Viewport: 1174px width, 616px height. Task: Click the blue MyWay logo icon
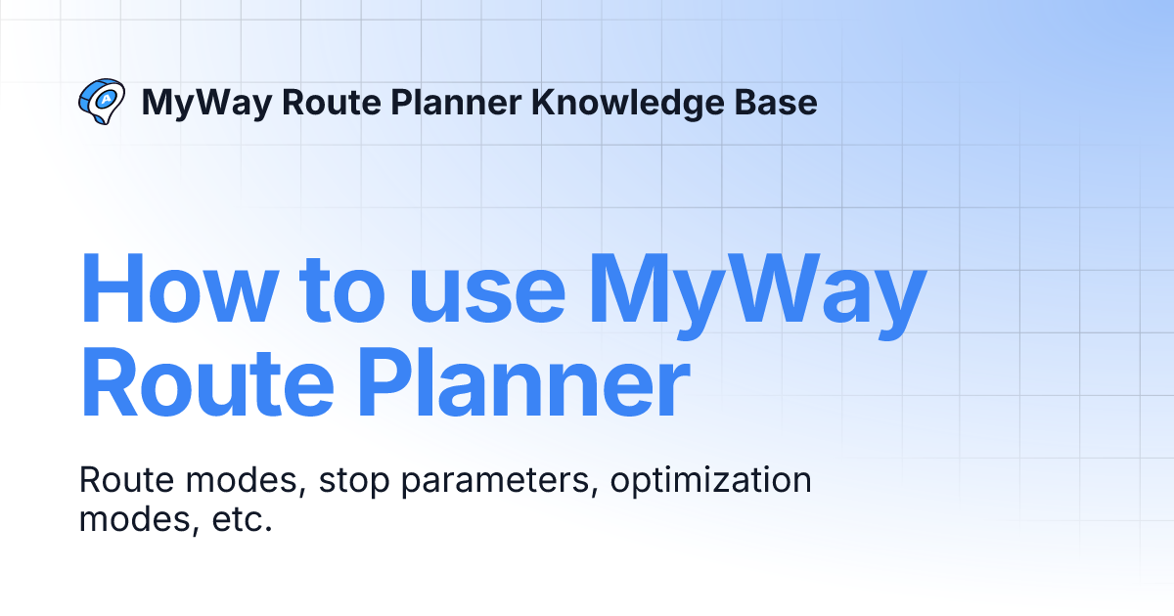[101, 102]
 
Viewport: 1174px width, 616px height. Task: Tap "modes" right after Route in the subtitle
[233, 481]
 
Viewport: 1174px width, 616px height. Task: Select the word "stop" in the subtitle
[355, 481]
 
